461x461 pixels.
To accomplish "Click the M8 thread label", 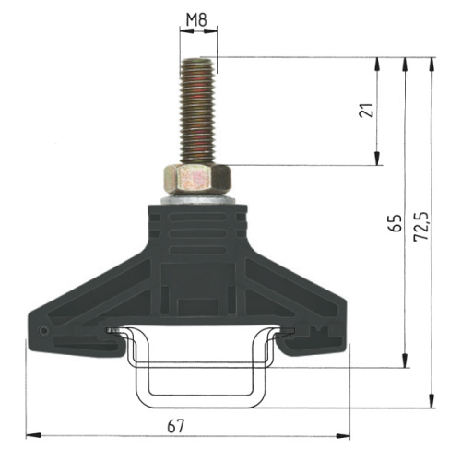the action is coord(196,20).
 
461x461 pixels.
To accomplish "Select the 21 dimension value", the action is coord(366,110).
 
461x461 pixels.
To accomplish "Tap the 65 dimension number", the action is coord(395,223).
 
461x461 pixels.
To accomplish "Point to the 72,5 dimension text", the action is coord(421,226).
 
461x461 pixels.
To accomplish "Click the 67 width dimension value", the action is coord(176,426).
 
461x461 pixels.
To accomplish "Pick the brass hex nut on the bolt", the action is coord(197,179).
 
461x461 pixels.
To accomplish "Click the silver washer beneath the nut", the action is coord(198,199).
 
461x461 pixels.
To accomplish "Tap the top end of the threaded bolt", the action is coord(198,60).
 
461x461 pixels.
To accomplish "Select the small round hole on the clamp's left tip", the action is coord(44,331).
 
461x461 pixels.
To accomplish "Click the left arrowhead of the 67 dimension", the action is coord(33,435).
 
